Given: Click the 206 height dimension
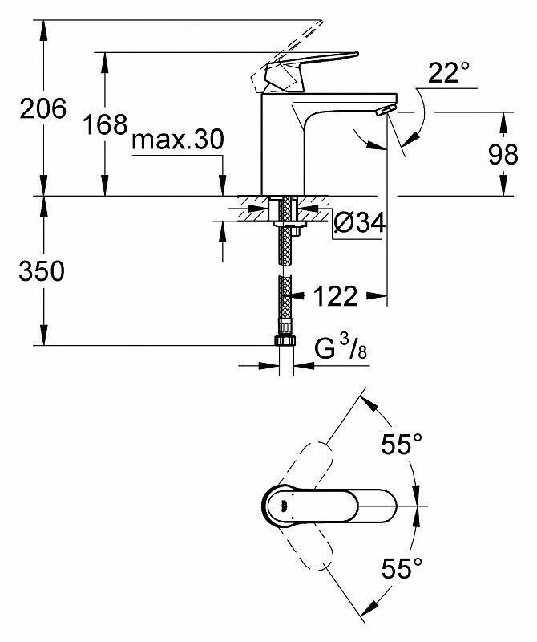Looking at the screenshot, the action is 43,108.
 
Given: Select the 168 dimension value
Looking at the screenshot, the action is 105,124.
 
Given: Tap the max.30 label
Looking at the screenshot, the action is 178,140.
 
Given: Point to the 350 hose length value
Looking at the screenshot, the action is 42,270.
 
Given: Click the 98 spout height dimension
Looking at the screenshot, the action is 503,154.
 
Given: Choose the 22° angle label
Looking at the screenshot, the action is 448,73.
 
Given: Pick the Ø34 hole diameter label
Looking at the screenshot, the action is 360,224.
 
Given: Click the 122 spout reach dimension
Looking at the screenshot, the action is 335,295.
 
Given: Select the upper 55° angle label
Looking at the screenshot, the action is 402,444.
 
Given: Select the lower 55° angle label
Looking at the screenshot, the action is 402,568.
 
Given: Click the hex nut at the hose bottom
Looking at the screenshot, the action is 286,340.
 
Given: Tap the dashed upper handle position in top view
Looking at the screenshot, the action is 307,467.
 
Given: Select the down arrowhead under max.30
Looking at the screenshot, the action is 223,185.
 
